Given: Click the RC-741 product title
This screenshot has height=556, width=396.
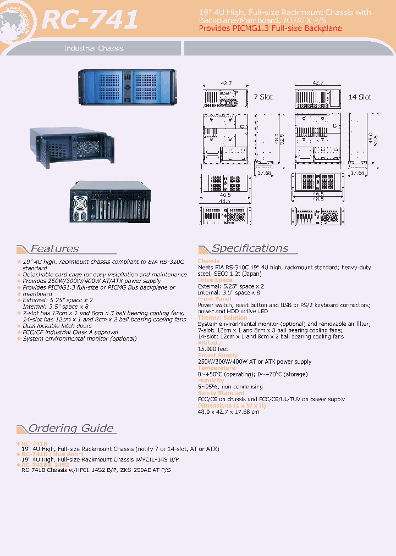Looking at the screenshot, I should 90,20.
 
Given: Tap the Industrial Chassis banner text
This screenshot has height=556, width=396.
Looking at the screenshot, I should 94,48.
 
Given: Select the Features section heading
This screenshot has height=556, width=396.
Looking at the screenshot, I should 54,249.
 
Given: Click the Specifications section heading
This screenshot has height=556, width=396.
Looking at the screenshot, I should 250,248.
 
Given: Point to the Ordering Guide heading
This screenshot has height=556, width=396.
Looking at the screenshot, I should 71,429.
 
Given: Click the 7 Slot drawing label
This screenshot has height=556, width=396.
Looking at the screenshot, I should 263,97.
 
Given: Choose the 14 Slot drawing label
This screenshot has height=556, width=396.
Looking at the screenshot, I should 360,97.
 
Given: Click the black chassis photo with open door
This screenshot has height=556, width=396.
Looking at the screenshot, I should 71,143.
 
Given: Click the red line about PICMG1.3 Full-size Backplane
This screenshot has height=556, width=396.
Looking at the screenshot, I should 270,28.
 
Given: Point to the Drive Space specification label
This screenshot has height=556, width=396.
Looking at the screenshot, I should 215,280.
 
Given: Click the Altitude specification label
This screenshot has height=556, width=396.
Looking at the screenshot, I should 209,343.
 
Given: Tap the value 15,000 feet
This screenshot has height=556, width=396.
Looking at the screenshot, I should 213,349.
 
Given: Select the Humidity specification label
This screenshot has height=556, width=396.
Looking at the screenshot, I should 211,380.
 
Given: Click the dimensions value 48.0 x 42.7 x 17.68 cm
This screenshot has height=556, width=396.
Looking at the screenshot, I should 228,412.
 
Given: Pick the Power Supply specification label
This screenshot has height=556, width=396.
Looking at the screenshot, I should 217,355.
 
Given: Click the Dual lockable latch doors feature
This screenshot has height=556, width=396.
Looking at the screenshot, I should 57,326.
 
